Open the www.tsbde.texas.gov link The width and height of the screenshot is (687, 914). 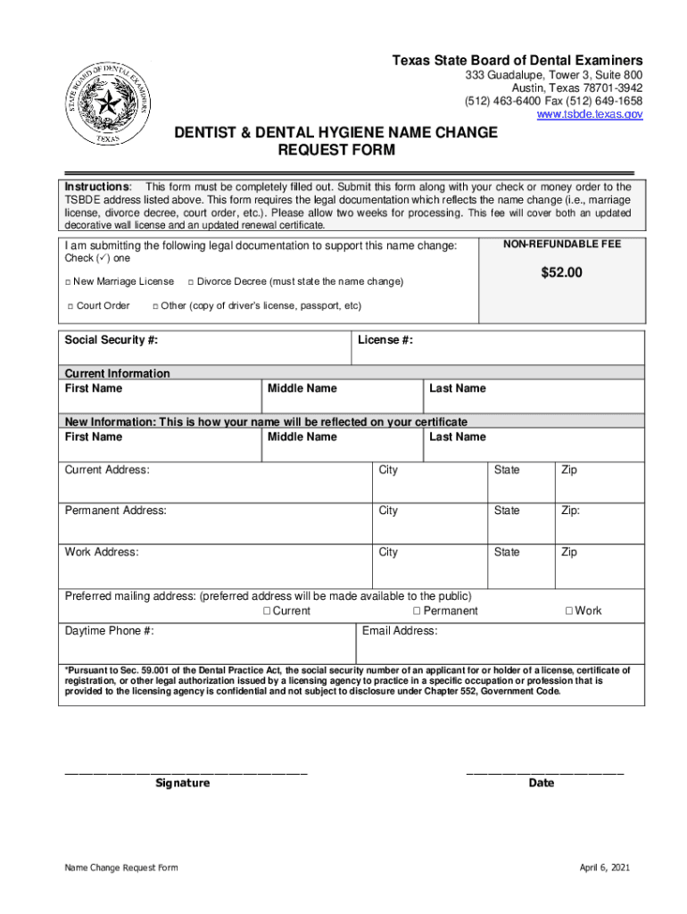point(589,114)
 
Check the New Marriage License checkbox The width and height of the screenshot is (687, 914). point(68,282)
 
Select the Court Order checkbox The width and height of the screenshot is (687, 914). point(70,306)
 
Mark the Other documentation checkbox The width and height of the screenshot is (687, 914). point(154,306)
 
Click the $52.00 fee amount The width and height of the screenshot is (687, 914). point(561,272)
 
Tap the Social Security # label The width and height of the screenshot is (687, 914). point(112,340)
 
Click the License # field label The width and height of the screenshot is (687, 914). point(385,340)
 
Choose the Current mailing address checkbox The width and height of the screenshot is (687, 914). point(267,611)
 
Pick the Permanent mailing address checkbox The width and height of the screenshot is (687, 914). point(417,611)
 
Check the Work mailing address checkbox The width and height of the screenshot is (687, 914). point(568,611)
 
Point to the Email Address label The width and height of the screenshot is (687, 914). point(400,631)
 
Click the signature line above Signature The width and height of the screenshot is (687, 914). point(186,771)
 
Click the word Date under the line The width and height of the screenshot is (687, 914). point(542,783)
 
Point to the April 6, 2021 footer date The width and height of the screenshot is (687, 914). point(605,868)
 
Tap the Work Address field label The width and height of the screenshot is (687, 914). point(102,553)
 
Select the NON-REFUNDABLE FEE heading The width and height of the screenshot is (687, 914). point(562,244)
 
